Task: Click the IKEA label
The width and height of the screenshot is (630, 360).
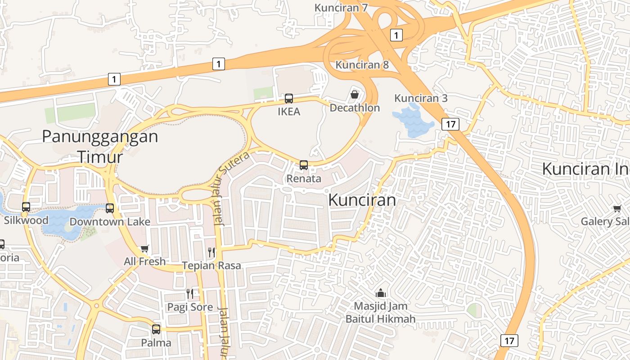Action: (288, 112)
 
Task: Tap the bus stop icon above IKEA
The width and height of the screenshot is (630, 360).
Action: (288, 98)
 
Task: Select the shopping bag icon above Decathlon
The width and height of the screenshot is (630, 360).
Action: (355, 94)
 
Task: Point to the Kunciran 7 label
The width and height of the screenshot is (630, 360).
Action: (341, 8)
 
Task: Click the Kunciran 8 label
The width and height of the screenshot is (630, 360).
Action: (362, 65)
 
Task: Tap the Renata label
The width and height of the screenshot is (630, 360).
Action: (304, 179)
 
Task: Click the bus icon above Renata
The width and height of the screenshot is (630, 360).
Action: (304, 165)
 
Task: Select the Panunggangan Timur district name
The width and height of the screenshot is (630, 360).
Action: (100, 146)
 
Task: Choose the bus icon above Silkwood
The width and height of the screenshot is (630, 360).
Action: (26, 207)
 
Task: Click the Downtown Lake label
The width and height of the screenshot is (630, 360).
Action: (110, 222)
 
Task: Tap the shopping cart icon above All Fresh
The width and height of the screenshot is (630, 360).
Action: (144, 248)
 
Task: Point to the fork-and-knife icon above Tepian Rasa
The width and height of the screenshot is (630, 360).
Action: (211, 252)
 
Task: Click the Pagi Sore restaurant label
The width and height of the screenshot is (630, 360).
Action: (190, 307)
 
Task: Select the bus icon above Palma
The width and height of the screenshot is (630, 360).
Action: (156, 329)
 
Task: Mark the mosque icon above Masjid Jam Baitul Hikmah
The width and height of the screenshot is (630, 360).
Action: (381, 293)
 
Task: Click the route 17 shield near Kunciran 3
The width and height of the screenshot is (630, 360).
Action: (450, 124)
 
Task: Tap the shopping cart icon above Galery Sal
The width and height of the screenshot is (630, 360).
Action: (616, 208)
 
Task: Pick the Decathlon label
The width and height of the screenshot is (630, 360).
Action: (355, 108)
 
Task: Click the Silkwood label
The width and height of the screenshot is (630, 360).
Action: (26, 220)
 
